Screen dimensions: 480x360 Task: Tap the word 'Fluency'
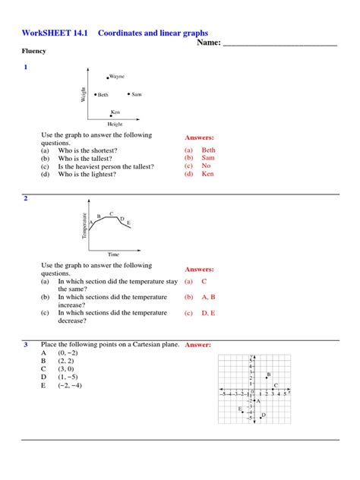point(33,51)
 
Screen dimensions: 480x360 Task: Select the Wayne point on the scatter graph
point(108,77)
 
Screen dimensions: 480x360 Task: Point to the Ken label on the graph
point(115,111)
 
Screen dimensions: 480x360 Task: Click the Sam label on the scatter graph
point(136,94)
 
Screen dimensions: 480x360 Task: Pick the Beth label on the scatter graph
point(103,94)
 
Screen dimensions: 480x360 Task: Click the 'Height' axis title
point(115,124)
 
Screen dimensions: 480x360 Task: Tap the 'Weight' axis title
point(83,94)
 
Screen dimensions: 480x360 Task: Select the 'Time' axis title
point(113,254)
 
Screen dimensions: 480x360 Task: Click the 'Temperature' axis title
point(84,226)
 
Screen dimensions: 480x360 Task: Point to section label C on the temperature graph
point(112,213)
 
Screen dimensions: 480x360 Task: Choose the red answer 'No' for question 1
point(206,166)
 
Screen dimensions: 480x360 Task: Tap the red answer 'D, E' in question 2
point(208,313)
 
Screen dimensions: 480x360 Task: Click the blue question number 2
point(25,198)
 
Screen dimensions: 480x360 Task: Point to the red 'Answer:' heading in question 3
point(197,345)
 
